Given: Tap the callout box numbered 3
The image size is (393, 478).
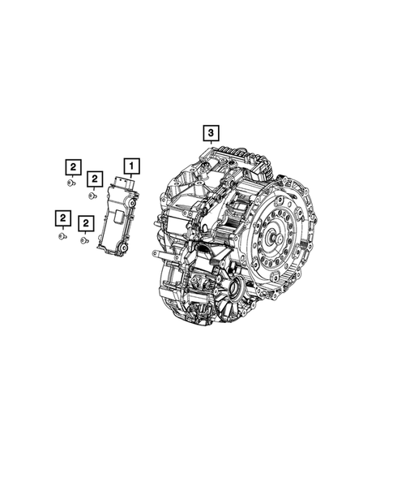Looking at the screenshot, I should tap(210, 132).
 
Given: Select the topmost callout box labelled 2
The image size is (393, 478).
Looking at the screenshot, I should tap(73, 167).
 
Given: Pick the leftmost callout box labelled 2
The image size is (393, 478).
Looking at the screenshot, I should tap(62, 217).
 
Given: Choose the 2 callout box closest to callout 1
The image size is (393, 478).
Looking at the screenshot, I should tap(95, 178).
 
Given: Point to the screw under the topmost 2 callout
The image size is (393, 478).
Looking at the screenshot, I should tap(72, 184).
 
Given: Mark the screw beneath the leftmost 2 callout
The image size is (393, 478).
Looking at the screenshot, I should tap(62, 235).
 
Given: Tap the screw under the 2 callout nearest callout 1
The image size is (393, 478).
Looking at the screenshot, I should tap(93, 195).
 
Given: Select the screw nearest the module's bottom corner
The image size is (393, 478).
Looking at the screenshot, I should tap(84, 239).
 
